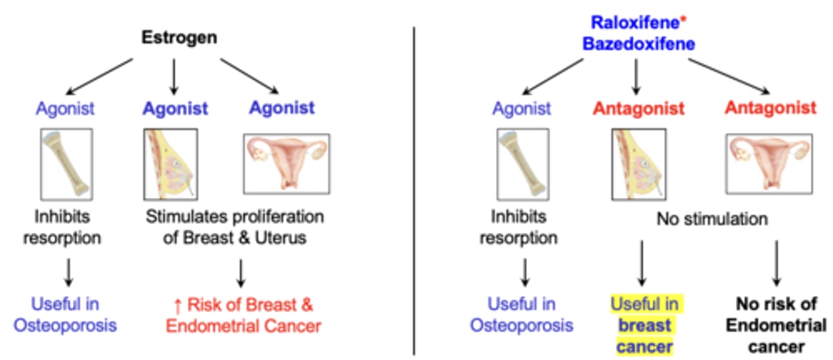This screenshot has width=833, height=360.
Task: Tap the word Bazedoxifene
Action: [639, 44]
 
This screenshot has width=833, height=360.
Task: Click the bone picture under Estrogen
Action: [67, 164]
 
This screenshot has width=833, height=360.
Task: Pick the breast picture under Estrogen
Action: [170, 164]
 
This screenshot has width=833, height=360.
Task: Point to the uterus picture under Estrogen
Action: [286, 164]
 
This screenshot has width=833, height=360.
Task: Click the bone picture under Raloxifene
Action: [523, 164]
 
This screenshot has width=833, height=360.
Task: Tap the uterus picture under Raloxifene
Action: [769, 164]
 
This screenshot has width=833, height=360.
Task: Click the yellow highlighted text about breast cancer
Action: [645, 325]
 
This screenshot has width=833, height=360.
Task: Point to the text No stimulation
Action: [712, 219]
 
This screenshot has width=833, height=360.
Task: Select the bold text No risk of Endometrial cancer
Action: [776, 325]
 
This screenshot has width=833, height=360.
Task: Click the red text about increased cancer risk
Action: [243, 315]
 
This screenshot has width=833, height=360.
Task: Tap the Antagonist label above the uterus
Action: [771, 108]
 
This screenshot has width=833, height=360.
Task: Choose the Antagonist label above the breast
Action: [639, 108]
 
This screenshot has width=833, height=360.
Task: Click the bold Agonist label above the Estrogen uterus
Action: [282, 108]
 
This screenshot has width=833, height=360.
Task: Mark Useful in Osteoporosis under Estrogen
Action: [65, 315]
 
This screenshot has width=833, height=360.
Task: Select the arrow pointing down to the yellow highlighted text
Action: [641, 263]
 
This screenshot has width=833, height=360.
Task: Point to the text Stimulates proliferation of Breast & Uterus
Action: [234, 227]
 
